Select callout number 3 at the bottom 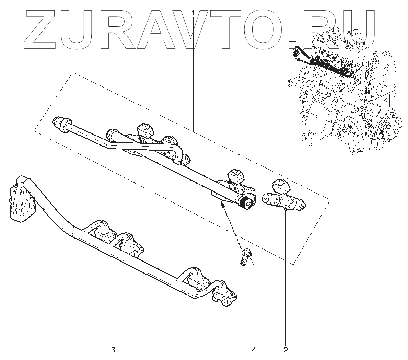(x=113, y=350)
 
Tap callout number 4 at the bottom (x=254, y=350)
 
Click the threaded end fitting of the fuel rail (x=248, y=202)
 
